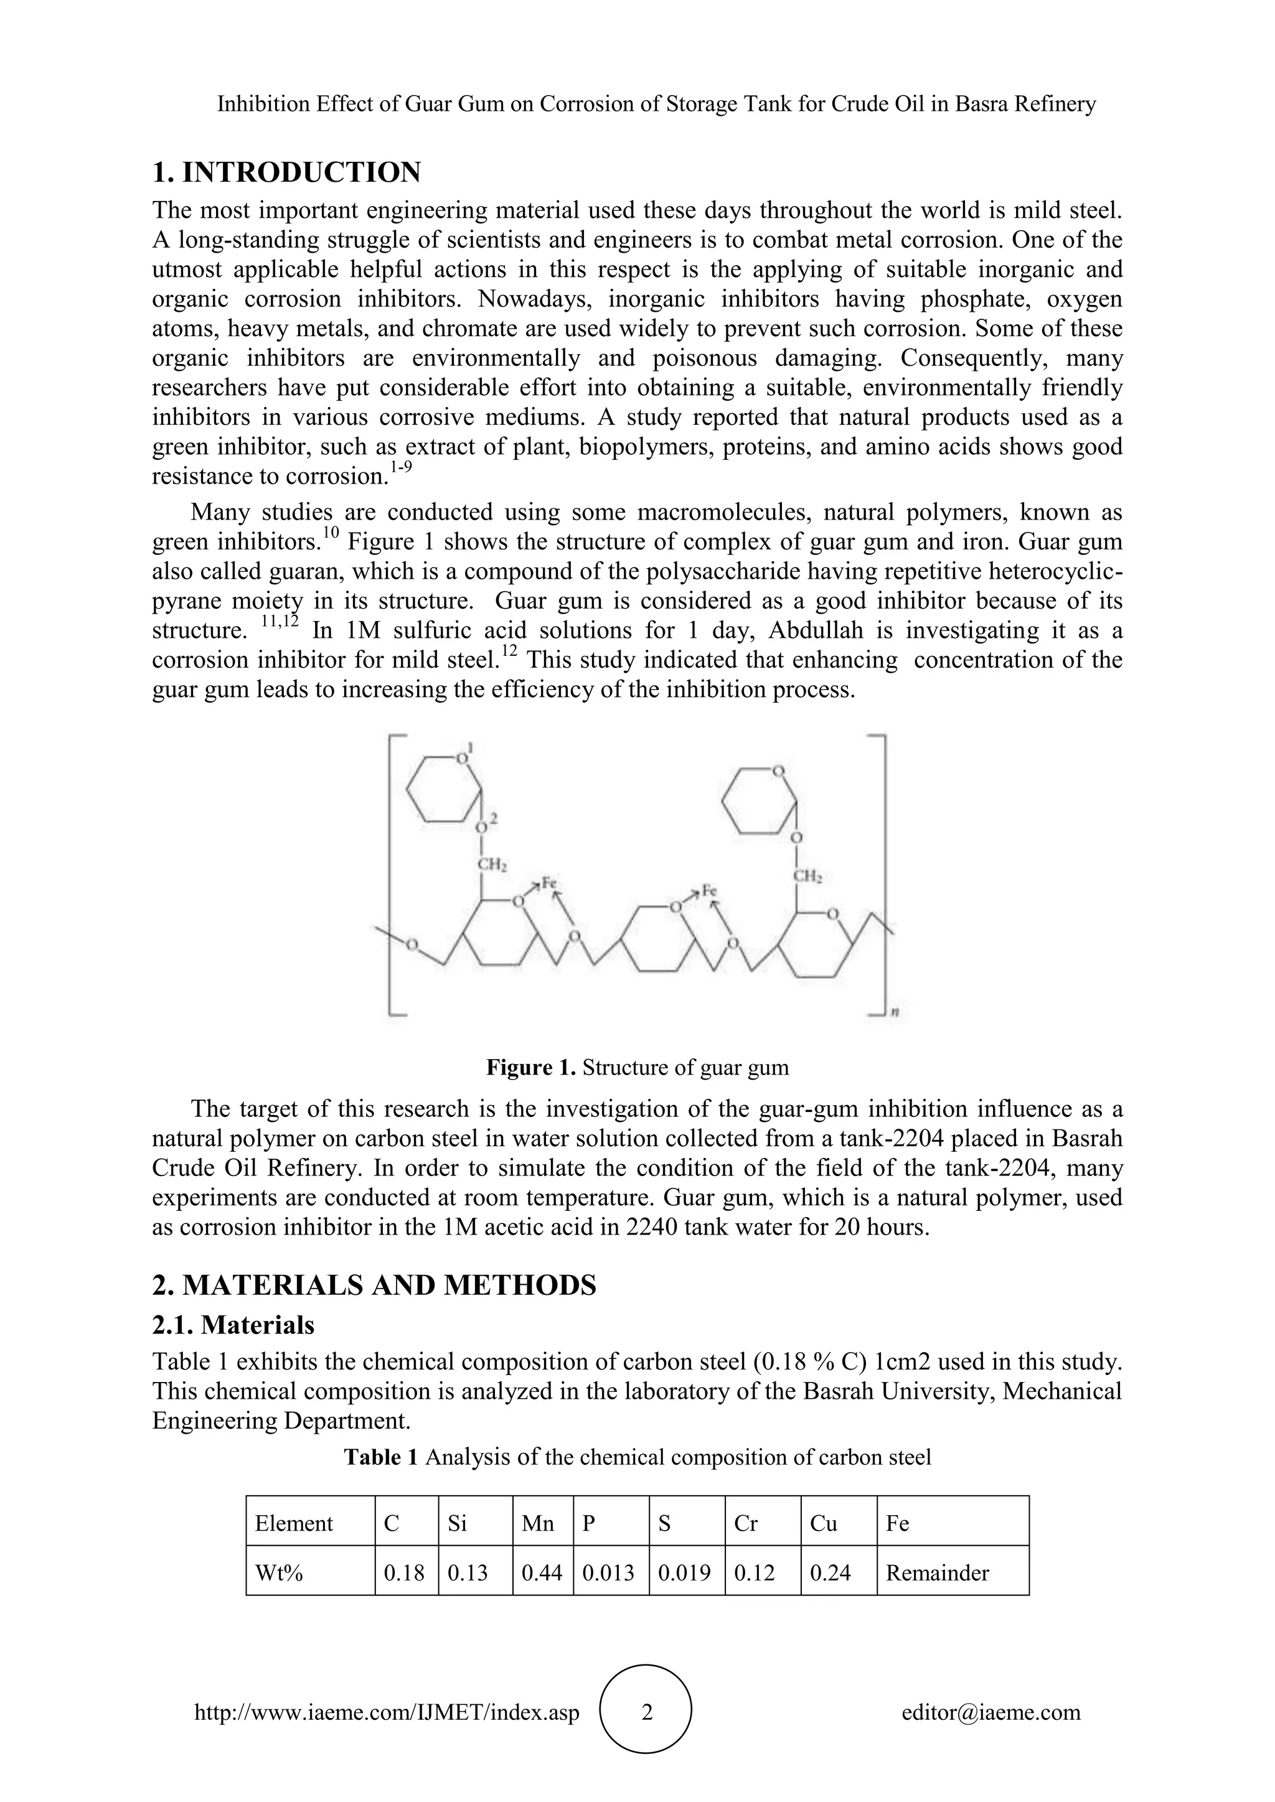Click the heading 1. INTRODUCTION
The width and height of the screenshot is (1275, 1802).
pos(286,172)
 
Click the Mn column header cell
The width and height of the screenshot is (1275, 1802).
pos(538,1523)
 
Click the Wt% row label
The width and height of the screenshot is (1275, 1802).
pos(279,1573)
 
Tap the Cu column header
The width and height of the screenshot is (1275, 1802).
pos(824,1523)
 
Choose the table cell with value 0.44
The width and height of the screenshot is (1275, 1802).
pos(542,1573)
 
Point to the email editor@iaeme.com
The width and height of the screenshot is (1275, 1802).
pos(990,1712)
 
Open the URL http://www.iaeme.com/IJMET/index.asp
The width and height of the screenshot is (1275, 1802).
pos(387,1712)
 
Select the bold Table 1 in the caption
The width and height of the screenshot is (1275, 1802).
pos(382,1457)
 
